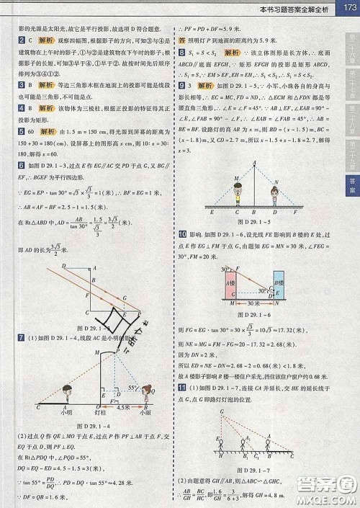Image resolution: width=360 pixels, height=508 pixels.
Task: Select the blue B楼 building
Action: (279, 281)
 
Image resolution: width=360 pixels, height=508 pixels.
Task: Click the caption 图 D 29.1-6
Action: (257, 315)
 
